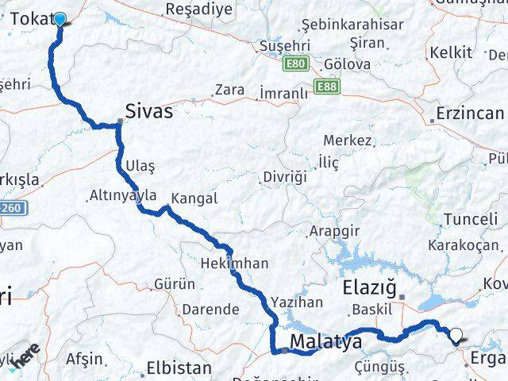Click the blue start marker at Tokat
point(60,18)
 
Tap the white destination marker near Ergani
point(458,337)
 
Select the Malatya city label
point(325,342)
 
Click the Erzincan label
point(470,114)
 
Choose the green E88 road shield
point(325,86)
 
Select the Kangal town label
point(194,198)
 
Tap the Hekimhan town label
point(235,263)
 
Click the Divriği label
point(285,177)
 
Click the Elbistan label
point(179,368)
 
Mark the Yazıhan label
point(297,302)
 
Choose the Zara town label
point(229,90)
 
